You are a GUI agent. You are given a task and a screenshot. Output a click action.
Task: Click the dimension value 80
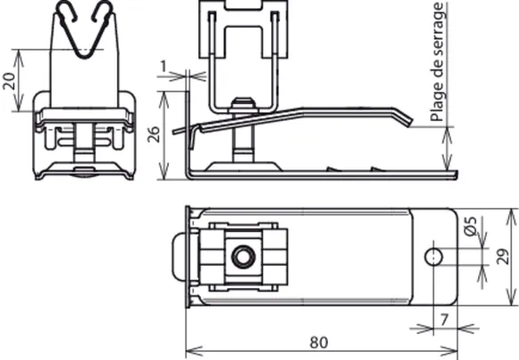pyautogui.click(x=319, y=343)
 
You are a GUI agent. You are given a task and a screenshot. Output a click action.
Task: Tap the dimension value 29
pyautogui.click(x=503, y=256)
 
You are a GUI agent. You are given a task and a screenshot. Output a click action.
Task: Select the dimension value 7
pyautogui.click(x=444, y=320)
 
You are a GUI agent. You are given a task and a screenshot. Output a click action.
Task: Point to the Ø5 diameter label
pyautogui.click(x=470, y=226)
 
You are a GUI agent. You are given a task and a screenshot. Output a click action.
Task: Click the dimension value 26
pyautogui.click(x=154, y=134)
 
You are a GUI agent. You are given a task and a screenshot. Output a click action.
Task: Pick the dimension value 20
pyautogui.click(x=9, y=81)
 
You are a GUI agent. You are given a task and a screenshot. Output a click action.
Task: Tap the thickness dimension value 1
pyautogui.click(x=164, y=67)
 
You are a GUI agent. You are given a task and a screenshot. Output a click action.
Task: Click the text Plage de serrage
pyautogui.click(x=436, y=62)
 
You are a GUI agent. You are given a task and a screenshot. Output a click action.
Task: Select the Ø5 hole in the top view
pyautogui.click(x=434, y=257)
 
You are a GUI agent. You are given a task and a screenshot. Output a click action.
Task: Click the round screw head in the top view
pyautogui.click(x=244, y=257)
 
